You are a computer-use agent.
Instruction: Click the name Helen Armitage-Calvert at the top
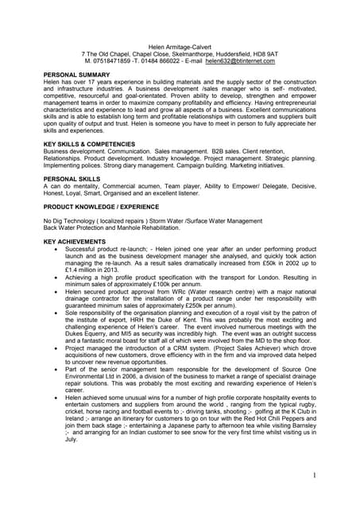pyautogui.click(x=180, y=47)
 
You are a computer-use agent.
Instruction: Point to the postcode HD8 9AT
pyautogui.click(x=262, y=54)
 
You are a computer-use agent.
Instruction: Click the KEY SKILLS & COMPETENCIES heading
pyautogui.click(x=89, y=144)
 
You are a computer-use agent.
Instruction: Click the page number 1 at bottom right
pyautogui.click(x=315, y=475)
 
